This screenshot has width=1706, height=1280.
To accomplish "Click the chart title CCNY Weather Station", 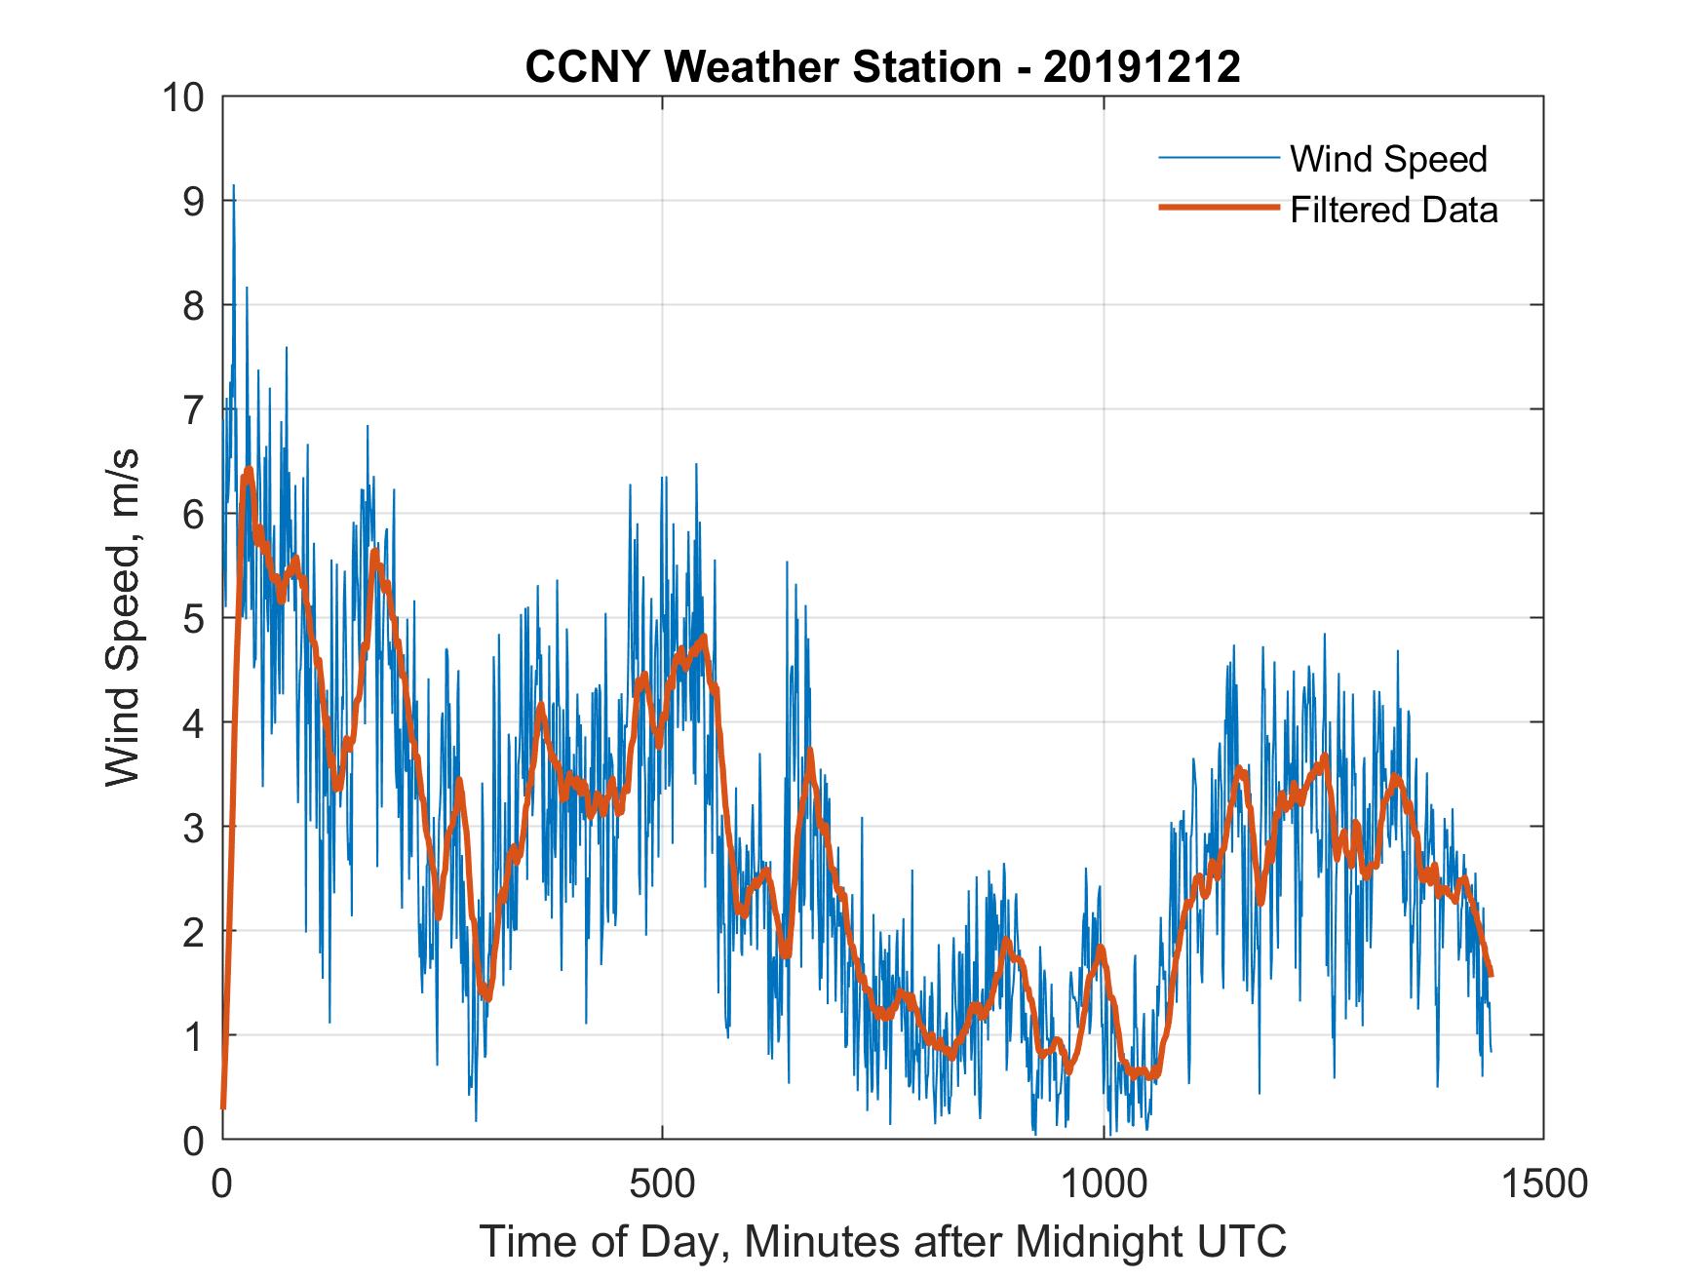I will point(762,67).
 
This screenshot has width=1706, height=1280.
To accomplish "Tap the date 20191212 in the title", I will point(1142,67).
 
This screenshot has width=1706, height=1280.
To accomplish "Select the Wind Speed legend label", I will point(1388,159).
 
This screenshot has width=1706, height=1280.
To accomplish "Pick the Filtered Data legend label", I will point(1393,210).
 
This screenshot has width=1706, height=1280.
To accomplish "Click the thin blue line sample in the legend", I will point(1218,158).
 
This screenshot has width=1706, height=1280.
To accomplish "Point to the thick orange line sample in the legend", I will point(1218,208).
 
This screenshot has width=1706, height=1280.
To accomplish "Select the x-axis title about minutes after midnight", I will point(883,1242).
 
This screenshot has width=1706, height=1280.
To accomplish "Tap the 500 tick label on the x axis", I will point(662,1183).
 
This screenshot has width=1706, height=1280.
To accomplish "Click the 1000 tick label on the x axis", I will point(1103,1183).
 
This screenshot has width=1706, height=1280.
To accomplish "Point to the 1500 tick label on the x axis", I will point(1543,1183).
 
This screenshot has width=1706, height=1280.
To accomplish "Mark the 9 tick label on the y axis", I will point(194,202).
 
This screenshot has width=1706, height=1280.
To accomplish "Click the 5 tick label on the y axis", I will point(194,619).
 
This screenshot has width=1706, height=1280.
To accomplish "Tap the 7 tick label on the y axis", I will point(194,410).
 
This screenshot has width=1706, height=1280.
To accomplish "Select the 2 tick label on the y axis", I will point(194,932).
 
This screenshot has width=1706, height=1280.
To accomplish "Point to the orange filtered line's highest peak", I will point(249,471).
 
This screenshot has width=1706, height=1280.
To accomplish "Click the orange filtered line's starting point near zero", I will point(223,1106).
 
